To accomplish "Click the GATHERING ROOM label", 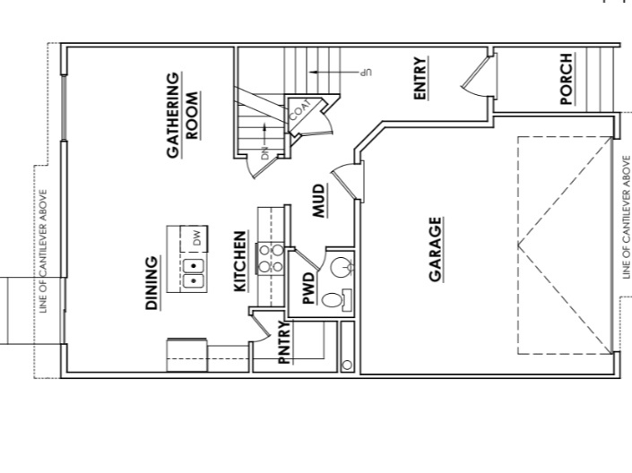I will coord(182,115).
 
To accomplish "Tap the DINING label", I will coord(152,284).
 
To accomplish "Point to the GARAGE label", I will coord(436,249).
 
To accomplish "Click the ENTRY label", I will coord(420,79).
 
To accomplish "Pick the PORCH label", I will coord(567,79).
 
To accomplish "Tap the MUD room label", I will coord(319,201).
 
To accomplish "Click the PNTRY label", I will coord(283,342).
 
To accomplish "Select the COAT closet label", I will coord(301,109).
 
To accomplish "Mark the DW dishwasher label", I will coord(195,238).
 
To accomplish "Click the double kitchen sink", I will coord(194,272).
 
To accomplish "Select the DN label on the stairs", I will coord(265,152).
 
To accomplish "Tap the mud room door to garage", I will coord(346,179).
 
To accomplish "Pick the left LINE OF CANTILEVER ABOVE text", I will coord(43,251).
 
